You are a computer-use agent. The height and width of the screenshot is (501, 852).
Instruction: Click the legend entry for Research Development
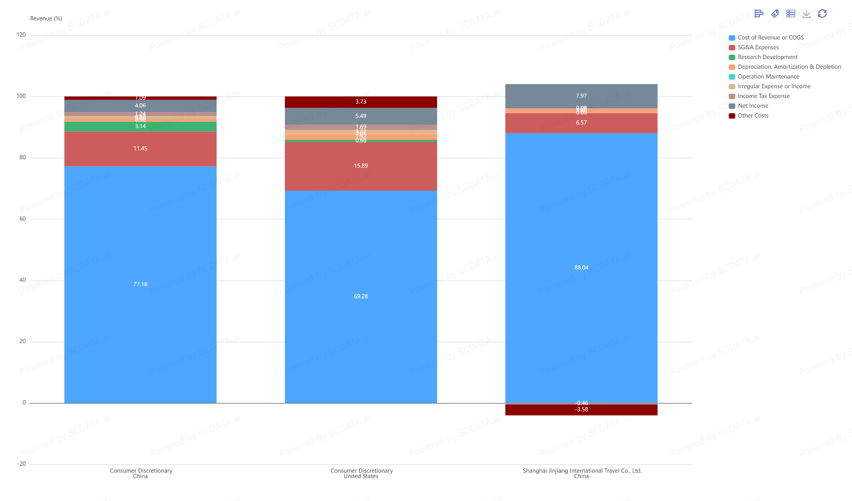pos(767,57)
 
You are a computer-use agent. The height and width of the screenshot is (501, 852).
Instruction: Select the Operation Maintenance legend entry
pos(768,77)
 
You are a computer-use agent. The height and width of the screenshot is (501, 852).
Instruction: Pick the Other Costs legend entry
pos(753,116)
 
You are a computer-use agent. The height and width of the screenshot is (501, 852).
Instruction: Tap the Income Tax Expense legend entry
pos(763,96)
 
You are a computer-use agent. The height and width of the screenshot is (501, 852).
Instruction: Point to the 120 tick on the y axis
pos(21,35)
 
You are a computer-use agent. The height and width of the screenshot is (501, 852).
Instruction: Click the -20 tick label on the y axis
pos(21,464)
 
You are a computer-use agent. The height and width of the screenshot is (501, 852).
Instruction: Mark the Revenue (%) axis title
pos(46,18)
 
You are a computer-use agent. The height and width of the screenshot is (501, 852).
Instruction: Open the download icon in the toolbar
pos(807,14)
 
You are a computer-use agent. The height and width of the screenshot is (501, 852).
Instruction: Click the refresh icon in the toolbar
pos(822,14)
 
